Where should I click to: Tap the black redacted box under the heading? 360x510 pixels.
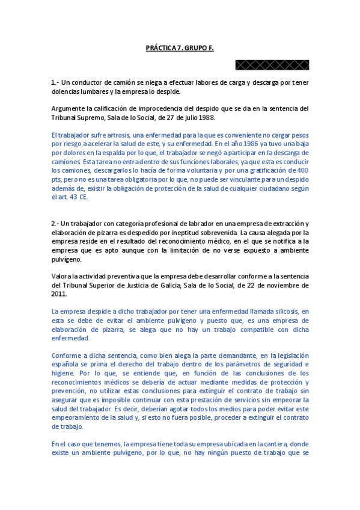[272, 64]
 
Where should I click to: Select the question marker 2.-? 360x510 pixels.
[56, 223]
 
